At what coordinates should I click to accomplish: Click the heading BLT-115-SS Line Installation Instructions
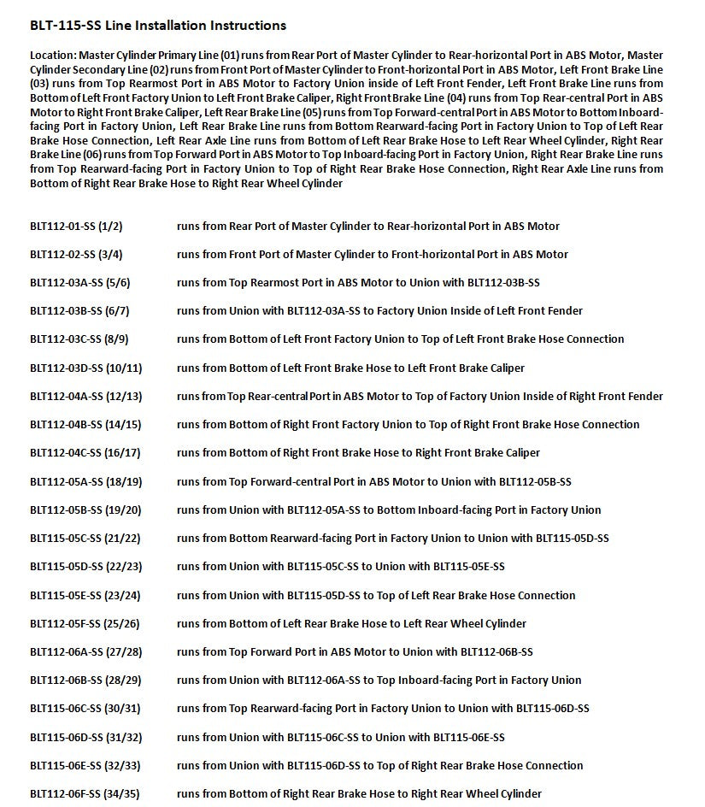click(x=158, y=26)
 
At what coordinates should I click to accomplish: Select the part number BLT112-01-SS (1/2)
click(x=76, y=227)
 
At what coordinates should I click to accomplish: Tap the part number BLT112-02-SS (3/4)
click(x=76, y=255)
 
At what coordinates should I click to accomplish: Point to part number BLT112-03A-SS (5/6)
click(x=79, y=283)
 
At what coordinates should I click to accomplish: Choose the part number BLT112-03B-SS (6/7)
click(x=79, y=311)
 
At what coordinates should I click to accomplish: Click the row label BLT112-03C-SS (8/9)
click(x=79, y=339)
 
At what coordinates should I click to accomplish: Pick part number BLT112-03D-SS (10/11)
click(x=85, y=368)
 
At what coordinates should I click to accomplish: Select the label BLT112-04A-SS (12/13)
click(x=85, y=397)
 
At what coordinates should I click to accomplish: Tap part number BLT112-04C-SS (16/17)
click(x=85, y=453)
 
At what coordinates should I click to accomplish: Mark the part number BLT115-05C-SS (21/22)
click(x=85, y=539)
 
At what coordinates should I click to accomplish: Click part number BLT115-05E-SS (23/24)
click(x=85, y=596)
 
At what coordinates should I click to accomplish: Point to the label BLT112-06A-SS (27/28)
click(x=85, y=652)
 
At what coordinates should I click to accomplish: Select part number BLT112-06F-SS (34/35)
click(x=85, y=794)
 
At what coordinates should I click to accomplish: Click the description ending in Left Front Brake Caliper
click(x=350, y=368)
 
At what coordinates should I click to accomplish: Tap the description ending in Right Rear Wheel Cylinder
click(x=359, y=794)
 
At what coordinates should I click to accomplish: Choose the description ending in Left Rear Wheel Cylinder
click(x=351, y=624)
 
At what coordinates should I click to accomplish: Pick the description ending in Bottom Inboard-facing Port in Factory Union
click(x=389, y=510)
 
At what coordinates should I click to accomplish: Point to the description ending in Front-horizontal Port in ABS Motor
click(x=372, y=255)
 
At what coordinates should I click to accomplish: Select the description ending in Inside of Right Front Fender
click(x=420, y=397)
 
